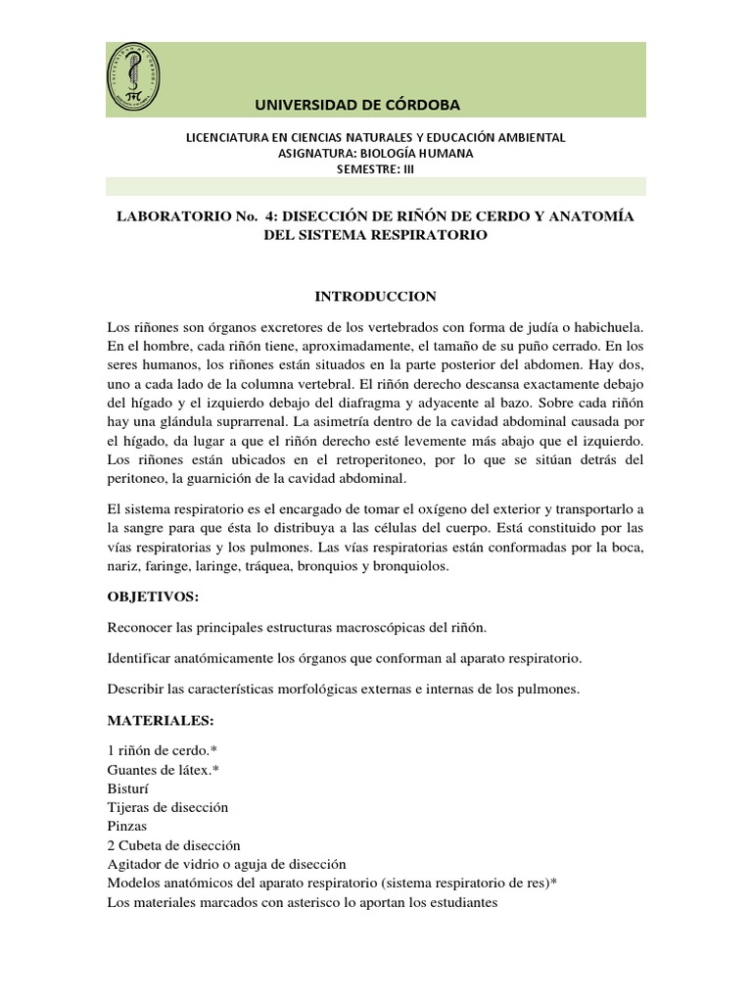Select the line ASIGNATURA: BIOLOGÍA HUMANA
coord(376,153)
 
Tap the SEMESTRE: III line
coord(376,167)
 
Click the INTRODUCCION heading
coord(375,296)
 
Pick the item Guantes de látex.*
coord(163,769)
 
